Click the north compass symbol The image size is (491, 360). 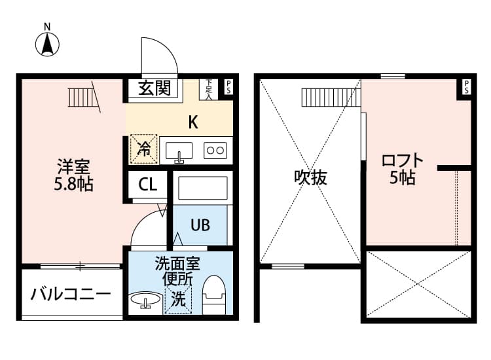point(47,44)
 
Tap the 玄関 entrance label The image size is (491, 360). point(155,88)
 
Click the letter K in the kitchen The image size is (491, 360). point(193,122)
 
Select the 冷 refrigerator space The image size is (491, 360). point(144,149)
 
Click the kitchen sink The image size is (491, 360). point(179,152)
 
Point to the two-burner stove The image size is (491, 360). point(215,151)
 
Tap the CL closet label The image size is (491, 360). point(148,185)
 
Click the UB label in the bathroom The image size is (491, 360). point(200,225)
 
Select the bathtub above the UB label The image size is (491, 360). point(202,188)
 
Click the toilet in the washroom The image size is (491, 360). point(214,295)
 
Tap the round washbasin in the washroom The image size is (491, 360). point(145,299)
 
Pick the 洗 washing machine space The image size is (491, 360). point(178,300)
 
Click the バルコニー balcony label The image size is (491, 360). point(71,294)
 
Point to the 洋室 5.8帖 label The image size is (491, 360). point(73,175)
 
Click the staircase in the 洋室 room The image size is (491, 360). point(83,98)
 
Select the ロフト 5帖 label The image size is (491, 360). point(403,168)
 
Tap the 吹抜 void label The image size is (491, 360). point(310,177)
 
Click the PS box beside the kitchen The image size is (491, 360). point(228,86)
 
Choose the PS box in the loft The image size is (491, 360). point(467,86)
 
